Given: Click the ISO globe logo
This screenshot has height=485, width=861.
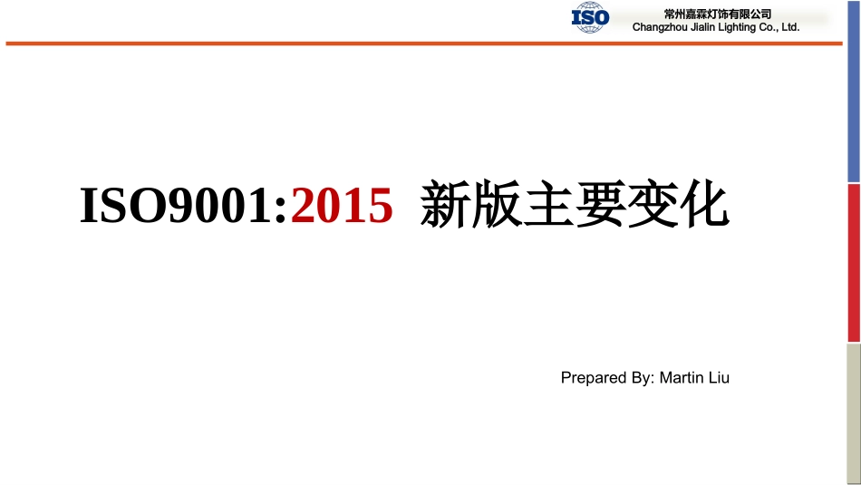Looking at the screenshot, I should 590,18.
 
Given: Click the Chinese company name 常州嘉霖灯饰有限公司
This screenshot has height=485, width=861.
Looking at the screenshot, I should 717,14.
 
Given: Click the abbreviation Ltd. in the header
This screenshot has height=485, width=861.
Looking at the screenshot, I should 789,28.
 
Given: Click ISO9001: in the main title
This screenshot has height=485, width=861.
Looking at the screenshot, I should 184,207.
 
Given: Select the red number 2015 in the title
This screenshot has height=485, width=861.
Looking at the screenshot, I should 343,207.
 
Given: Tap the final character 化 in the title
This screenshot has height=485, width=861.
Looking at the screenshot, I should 703,207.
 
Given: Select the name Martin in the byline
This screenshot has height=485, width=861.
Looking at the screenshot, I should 682,378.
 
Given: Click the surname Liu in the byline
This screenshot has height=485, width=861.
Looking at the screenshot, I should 719,378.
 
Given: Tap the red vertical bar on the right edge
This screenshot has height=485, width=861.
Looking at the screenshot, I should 854,263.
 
